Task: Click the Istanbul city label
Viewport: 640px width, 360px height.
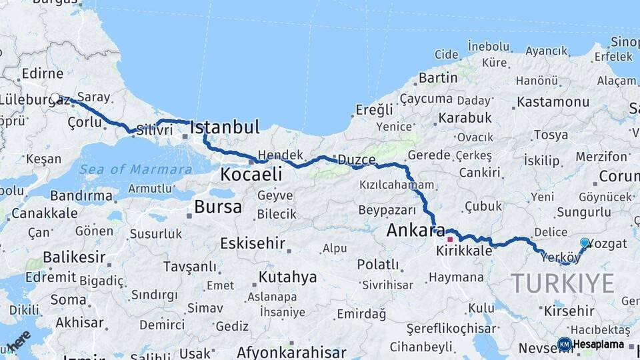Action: (225, 127)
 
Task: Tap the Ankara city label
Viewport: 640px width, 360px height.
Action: (415, 231)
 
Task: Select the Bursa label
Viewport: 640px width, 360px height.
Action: (218, 207)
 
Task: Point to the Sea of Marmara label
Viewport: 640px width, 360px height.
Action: (136, 169)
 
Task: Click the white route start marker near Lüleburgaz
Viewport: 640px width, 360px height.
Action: (55, 98)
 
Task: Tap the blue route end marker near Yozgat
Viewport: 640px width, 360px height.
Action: (585, 243)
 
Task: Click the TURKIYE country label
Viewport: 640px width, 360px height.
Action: (563, 283)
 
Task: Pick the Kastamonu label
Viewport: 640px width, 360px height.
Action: (553, 102)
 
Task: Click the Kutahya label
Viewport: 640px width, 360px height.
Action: (287, 277)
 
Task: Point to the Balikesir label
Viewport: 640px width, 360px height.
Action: (73, 257)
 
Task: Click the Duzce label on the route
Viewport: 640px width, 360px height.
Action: (357, 160)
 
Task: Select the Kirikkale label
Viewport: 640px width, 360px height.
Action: (464, 251)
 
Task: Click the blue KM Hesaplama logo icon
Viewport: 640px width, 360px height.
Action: (564, 344)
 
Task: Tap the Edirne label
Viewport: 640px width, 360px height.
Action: (42, 73)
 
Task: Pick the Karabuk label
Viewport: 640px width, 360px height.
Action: (465, 118)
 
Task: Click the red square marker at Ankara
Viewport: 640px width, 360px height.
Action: (450, 239)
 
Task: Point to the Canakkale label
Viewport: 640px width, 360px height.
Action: (44, 214)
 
